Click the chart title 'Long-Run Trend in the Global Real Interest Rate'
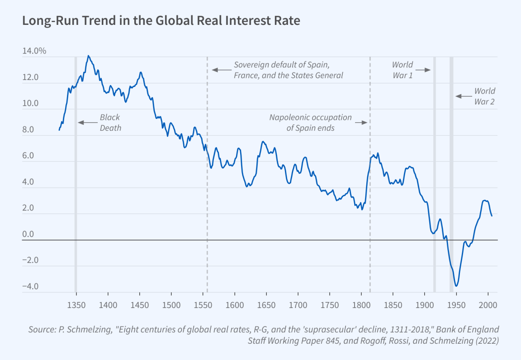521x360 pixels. coord(161,21)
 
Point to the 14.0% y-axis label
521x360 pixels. coord(34,51)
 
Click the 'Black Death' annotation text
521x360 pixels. coord(110,123)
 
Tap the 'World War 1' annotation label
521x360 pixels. coord(402,70)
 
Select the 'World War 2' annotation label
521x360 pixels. coord(484,96)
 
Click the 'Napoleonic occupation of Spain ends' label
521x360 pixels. coord(310,123)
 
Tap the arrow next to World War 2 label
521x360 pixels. coord(463,96)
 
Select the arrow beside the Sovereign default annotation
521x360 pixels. coord(221,70)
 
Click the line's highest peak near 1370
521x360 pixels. coord(88,56)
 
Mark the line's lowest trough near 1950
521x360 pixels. coord(457,286)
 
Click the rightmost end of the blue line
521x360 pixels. coord(492,216)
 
